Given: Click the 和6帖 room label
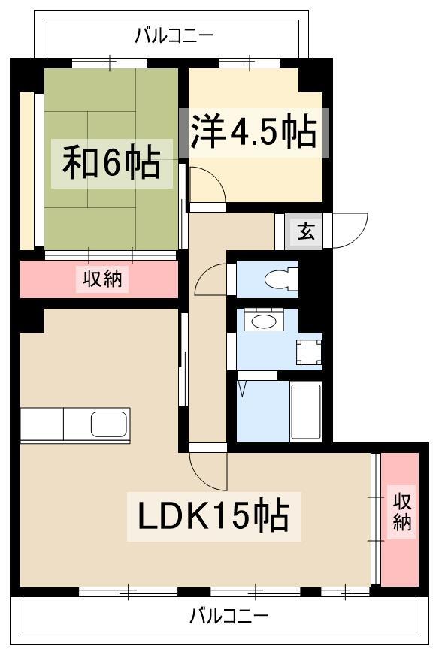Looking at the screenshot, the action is (x=112, y=162).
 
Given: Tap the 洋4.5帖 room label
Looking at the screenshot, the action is (x=254, y=131).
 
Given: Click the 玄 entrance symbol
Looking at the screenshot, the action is (x=306, y=231).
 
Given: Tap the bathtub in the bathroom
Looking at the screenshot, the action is (x=306, y=412).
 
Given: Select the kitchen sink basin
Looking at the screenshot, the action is (x=109, y=423).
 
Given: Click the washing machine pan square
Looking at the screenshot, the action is (x=309, y=352).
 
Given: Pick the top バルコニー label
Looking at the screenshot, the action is (x=174, y=35).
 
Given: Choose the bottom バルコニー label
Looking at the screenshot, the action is (x=229, y=616).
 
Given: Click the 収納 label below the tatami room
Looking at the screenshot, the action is (x=102, y=278).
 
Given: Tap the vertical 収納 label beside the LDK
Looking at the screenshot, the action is (x=401, y=512).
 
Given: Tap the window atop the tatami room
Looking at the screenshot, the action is (x=110, y=63).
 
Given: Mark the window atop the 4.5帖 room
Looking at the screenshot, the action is (x=250, y=63).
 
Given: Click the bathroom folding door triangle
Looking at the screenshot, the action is (x=242, y=388).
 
